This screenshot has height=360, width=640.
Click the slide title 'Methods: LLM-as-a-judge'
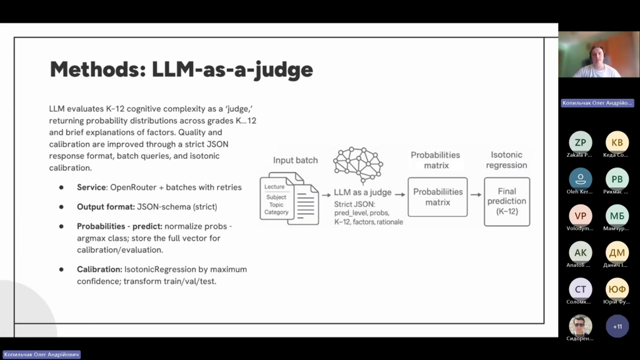click(x=181, y=69)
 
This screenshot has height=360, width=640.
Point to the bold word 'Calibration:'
click(x=99, y=269)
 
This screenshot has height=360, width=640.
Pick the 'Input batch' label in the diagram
click(x=295, y=161)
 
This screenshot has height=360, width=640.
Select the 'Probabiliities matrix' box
click(x=437, y=197)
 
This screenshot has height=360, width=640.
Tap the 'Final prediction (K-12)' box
click(x=507, y=201)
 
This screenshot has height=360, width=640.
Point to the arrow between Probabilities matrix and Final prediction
click(x=476, y=197)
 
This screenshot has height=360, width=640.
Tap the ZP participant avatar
click(x=580, y=142)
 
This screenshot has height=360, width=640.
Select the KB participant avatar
click(x=617, y=142)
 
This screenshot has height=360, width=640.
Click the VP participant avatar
click(x=580, y=216)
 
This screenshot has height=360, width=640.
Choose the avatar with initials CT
click(x=580, y=289)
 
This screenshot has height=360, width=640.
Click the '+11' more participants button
click(x=617, y=326)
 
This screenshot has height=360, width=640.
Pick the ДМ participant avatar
click(x=617, y=252)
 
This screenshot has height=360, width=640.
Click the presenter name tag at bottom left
click(x=41, y=354)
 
